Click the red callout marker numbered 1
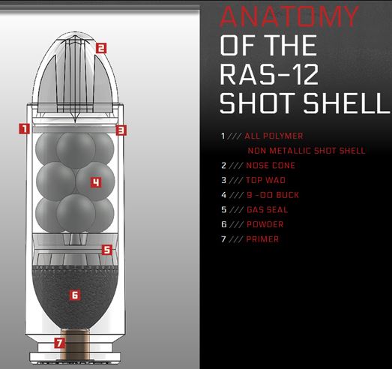point(25,128)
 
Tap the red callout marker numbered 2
point(101,48)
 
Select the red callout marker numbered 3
point(121,130)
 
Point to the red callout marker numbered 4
point(96,182)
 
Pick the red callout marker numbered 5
point(107,250)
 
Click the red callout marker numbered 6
point(75,295)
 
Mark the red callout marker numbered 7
point(60,343)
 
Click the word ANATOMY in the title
point(289,16)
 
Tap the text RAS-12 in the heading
point(269,74)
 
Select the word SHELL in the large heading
point(347,103)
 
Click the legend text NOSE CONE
point(271,165)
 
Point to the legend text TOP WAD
point(265,180)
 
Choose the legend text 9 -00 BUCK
point(273,195)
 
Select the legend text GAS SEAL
point(268,210)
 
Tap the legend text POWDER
point(265,224)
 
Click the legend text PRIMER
point(262,239)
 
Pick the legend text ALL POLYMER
point(274,136)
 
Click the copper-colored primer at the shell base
point(76,346)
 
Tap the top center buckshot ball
point(76,150)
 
